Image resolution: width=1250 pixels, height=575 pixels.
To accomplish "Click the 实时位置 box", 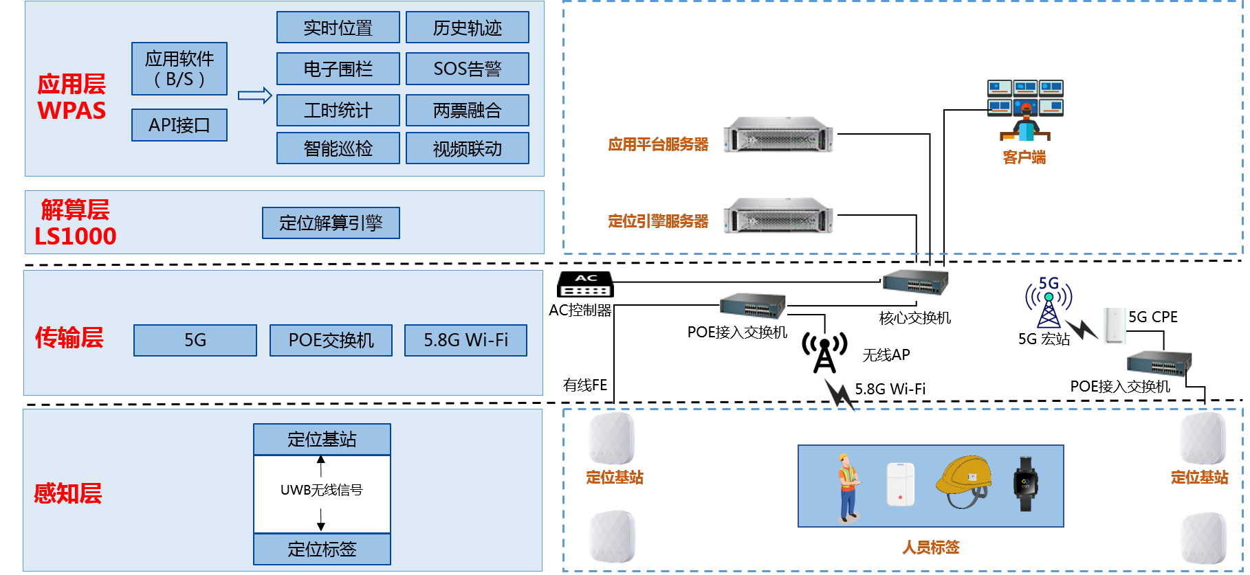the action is pyautogui.click(x=338, y=27).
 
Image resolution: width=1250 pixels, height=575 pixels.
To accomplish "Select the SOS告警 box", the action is pyautogui.click(x=467, y=69).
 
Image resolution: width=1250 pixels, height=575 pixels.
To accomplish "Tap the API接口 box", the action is pyautogui.click(x=179, y=125).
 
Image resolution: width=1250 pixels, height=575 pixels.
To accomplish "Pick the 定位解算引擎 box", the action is pyautogui.click(x=331, y=223).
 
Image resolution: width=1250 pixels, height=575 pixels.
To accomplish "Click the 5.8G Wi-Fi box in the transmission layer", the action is pyautogui.click(x=465, y=340).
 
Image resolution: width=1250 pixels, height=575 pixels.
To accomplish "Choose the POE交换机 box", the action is pyautogui.click(x=331, y=340).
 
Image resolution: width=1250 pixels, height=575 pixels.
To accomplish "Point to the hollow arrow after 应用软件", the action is pyautogui.click(x=254, y=95).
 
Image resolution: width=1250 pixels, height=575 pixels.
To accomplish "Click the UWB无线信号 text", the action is pyautogui.click(x=321, y=490).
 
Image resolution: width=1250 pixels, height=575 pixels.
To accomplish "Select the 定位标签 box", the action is pyautogui.click(x=322, y=549).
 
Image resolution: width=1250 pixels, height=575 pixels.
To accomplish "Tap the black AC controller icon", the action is pyautogui.click(x=585, y=284).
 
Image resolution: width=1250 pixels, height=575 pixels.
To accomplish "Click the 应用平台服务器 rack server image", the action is pyautogui.click(x=778, y=134).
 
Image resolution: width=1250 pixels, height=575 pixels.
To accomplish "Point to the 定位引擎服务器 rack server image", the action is pyautogui.click(x=778, y=216).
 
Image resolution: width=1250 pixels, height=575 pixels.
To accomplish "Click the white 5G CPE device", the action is pyautogui.click(x=1115, y=325).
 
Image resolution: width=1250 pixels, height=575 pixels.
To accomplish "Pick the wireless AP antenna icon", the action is pyautogui.click(x=824, y=352).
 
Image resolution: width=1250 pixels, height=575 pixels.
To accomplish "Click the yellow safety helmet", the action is pyautogui.click(x=964, y=482).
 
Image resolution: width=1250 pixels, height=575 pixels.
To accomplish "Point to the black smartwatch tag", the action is pyautogui.click(x=1025, y=484).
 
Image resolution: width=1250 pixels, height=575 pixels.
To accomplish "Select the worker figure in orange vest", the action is pyautogui.click(x=849, y=486).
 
